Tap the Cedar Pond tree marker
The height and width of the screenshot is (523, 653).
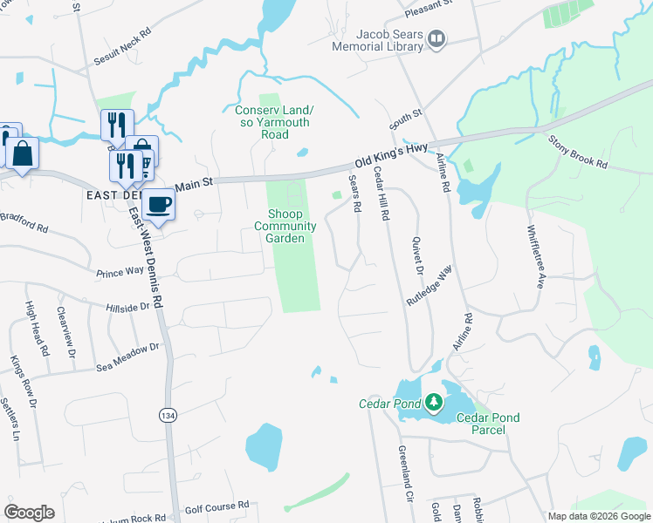(x=433, y=404)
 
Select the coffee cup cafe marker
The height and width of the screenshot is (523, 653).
(x=158, y=204)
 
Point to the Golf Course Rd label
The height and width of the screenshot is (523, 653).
(x=217, y=506)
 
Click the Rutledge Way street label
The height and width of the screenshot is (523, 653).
(x=430, y=284)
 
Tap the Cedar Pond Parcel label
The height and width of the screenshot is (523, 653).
(x=488, y=424)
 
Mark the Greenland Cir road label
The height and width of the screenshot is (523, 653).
(x=404, y=478)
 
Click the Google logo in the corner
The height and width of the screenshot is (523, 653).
(x=29, y=513)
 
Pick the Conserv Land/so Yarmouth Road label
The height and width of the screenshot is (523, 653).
(x=274, y=122)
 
